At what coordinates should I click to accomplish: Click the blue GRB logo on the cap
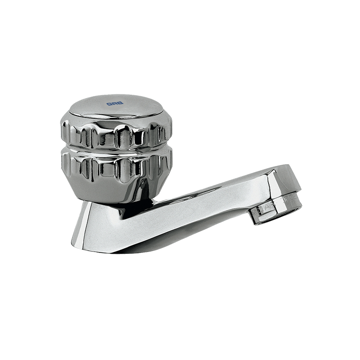coord(115,103)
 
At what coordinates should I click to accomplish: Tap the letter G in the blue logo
coord(109,103)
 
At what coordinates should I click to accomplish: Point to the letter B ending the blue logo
coord(121,103)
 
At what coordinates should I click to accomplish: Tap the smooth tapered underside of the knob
coord(112,189)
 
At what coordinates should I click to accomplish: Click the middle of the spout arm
coord(202,202)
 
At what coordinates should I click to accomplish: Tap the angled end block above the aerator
coord(283,180)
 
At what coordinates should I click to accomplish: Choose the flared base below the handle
coord(103,225)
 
